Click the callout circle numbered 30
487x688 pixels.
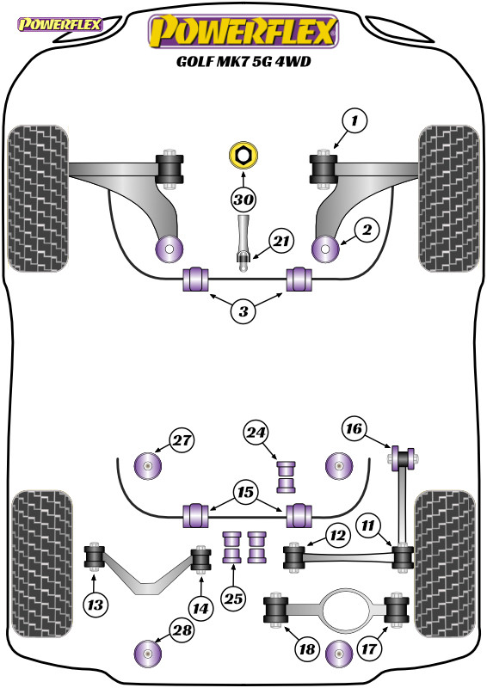pos(243,200)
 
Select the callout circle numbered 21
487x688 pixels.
pos(281,241)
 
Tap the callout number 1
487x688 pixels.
pos(354,120)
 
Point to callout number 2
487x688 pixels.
pos(367,230)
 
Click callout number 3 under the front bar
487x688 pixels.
pos(243,311)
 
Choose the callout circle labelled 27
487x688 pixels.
pos(182,440)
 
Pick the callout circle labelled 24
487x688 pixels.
pos(256,433)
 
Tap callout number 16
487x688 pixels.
pos(354,428)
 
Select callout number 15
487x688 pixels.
pos(245,492)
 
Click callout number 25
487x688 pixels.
pos(233,598)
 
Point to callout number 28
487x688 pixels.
pos(182,630)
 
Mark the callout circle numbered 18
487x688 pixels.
pos(307,648)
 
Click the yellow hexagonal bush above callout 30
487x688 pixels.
pos(243,155)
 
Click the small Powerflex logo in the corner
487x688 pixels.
pos(59,24)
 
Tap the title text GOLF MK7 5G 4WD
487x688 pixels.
pos(243,61)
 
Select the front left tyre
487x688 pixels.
pos(38,199)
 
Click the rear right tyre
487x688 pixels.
pos(446,564)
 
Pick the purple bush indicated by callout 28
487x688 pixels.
pos(147,653)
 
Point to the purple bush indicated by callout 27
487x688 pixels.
pos(147,464)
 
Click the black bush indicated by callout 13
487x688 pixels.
pos(94,556)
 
